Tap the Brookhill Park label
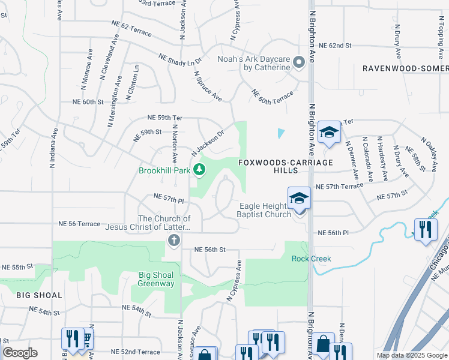164,171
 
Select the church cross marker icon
174,241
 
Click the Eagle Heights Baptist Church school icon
299,199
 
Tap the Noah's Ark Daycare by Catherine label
254,63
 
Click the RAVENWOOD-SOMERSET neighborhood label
405,68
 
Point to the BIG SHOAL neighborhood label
31,295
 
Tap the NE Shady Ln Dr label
179,59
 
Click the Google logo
20,352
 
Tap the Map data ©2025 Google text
412,355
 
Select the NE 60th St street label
88,102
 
